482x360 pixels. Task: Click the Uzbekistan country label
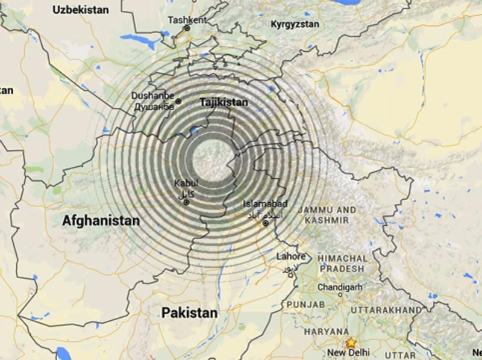point(81,10)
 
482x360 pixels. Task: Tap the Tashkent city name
point(187,19)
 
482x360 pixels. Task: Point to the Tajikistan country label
point(223,102)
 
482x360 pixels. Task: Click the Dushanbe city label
point(153,96)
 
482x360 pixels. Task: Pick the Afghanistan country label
point(101,221)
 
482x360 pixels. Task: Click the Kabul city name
point(186,183)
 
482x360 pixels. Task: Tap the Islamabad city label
point(265,204)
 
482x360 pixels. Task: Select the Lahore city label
point(290,256)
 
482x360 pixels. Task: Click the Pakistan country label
point(189,313)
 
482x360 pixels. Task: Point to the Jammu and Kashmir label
point(327,215)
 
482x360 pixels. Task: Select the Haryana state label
point(325,332)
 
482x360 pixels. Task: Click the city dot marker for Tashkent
point(187,28)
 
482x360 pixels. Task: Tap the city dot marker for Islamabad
point(266,223)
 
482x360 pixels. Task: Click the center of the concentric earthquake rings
point(211,160)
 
